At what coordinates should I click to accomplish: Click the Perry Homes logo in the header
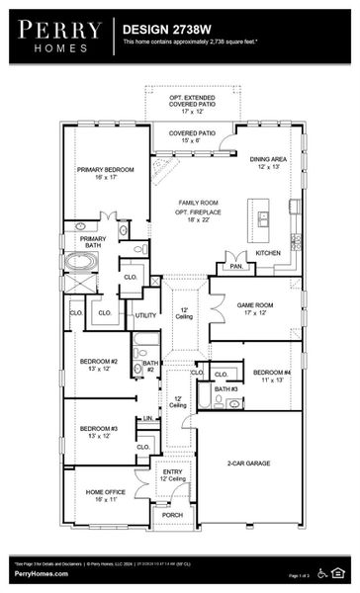57,37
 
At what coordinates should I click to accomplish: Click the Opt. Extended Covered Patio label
192,103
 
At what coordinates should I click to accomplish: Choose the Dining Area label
268,163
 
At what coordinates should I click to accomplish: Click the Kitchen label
268,253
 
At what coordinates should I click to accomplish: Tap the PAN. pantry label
235,266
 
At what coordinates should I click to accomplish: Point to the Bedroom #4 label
267,376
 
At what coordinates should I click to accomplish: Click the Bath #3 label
225,389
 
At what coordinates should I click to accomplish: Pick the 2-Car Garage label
249,463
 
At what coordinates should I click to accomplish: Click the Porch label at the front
173,515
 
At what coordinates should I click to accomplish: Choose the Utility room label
146,315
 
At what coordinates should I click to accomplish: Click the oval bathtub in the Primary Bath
81,263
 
